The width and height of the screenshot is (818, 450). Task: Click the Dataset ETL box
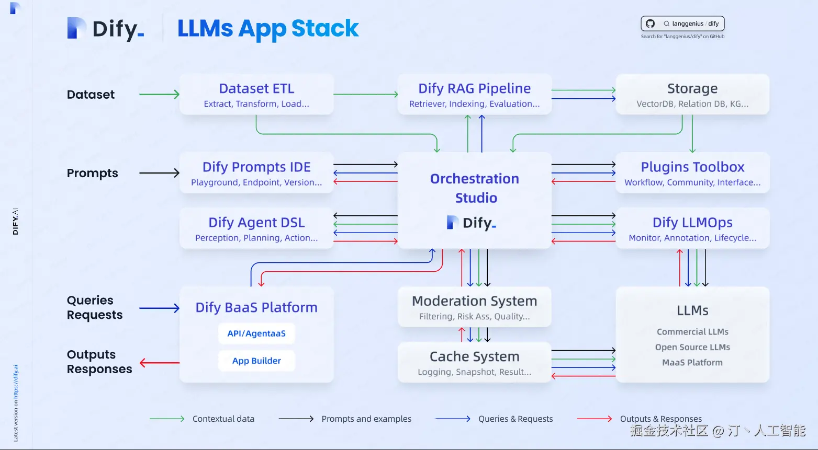coord(256,95)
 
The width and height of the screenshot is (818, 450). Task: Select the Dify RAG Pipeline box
coord(474,95)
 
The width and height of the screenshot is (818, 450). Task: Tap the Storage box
coord(692,95)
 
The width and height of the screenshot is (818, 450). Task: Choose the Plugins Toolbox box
coord(692,173)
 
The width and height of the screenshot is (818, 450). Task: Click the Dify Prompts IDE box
coord(256,173)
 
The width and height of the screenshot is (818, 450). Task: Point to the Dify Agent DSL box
coord(256,228)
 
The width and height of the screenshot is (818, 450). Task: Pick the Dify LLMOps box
coord(692,228)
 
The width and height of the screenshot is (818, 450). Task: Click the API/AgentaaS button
coord(256,333)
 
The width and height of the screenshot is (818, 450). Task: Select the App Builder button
coord(256,361)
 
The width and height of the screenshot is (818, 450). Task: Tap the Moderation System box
coord(474,307)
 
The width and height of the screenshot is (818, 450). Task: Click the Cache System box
coord(474,362)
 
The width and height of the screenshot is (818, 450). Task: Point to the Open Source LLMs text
coord(692,347)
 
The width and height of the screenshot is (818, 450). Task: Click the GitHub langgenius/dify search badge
coord(682,24)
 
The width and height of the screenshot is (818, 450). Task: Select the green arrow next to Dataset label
coord(159,95)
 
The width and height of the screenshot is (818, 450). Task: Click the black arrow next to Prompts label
coord(159,173)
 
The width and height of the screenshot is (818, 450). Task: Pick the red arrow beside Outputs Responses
coord(159,363)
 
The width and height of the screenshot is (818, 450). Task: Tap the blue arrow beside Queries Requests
coord(159,308)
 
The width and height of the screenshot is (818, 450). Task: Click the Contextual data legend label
coord(223,419)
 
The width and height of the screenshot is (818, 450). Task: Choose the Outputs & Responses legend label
coord(661,419)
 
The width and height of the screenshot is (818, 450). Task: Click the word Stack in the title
coord(325,28)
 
